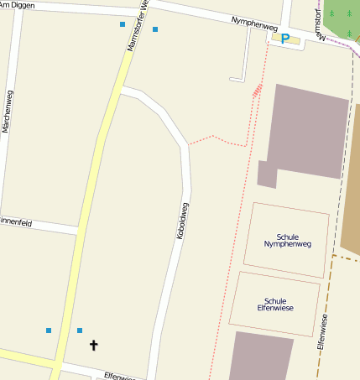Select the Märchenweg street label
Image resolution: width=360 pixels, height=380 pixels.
pyautogui.click(x=8, y=112)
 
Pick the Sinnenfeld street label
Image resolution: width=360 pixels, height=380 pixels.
pyautogui.click(x=15, y=222)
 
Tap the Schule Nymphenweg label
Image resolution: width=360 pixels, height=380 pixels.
pyautogui.click(x=287, y=241)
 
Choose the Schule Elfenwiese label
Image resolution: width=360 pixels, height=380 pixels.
pyautogui.click(x=275, y=305)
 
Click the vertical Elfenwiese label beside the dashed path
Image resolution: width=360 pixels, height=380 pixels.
pyautogui.click(x=323, y=331)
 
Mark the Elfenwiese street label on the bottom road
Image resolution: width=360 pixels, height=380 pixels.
pyautogui.click(x=119, y=377)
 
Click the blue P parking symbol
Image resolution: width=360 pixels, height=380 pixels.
pyautogui.click(x=285, y=39)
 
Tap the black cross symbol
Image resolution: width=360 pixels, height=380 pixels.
pyautogui.click(x=93, y=345)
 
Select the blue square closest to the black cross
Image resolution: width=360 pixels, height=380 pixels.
pyautogui.click(x=80, y=331)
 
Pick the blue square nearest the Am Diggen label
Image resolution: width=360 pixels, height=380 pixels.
pyautogui.click(x=123, y=24)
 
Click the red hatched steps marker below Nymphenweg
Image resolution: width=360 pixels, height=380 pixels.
pyautogui.click(x=257, y=89)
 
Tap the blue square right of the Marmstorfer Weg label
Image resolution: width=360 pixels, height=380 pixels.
pyautogui.click(x=155, y=29)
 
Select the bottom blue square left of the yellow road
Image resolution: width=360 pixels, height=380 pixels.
pyautogui.click(x=49, y=331)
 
